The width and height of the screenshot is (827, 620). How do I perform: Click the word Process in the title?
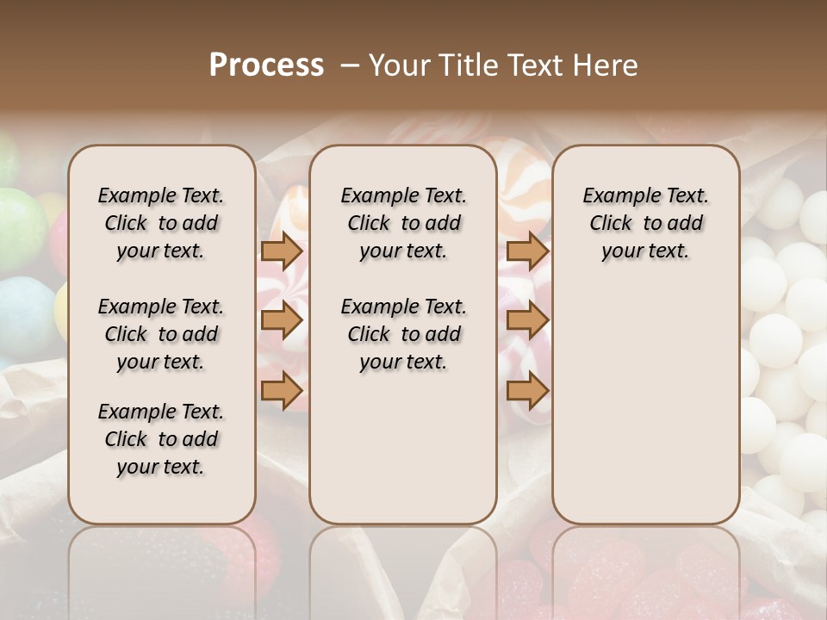tap(265, 65)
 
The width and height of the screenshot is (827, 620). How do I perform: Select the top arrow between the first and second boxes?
tap(282, 251)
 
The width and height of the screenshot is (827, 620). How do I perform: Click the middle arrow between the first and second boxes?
tap(282, 321)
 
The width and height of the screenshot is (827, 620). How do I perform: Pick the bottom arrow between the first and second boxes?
tap(282, 391)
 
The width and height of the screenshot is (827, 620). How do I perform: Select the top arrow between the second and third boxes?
tap(527, 251)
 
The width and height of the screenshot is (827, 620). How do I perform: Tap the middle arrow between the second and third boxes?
tap(527, 321)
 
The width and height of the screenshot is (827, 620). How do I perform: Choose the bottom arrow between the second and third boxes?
tap(527, 391)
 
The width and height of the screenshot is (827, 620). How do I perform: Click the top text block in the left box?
tap(161, 223)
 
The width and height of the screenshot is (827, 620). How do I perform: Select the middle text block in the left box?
tap(161, 334)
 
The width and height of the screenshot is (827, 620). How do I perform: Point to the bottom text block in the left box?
tap(161, 439)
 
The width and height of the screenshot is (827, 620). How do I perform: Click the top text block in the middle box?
tap(403, 223)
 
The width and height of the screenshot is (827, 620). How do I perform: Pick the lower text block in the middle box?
tap(403, 334)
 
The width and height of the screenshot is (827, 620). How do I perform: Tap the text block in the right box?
tap(645, 223)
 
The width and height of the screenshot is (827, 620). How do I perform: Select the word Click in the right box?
tap(611, 224)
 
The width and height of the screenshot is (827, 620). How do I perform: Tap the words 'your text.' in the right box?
tap(645, 251)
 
